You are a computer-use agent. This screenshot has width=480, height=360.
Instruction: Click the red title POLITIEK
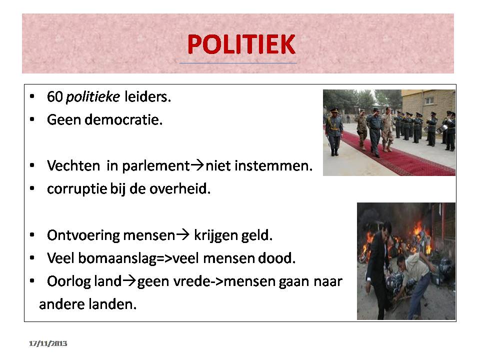241,44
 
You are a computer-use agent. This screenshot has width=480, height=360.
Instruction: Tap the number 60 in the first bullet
55,96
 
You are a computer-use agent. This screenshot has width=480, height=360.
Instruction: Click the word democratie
123,119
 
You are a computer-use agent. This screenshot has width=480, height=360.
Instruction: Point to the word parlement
156,166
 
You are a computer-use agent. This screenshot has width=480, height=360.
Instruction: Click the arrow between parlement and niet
197,165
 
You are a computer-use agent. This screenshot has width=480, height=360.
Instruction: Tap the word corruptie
76,189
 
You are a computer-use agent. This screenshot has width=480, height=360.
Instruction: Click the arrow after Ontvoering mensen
183,235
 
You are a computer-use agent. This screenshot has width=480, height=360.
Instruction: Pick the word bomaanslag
117,258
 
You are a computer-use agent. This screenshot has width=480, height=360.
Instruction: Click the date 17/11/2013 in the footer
48,343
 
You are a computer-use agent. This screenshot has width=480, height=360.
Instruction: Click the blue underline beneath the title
238,63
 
